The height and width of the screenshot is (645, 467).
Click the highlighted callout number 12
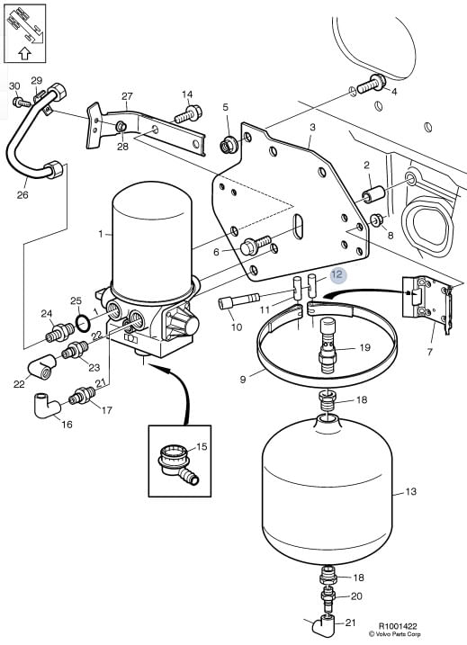click(337, 274)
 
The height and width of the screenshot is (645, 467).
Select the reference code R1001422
click(398, 626)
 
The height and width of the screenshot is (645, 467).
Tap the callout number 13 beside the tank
click(410, 491)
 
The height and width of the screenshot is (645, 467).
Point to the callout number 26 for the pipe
click(22, 194)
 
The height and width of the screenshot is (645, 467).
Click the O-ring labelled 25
click(83, 324)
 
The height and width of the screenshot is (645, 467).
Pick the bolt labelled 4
click(371, 85)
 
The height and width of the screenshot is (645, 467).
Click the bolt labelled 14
click(188, 114)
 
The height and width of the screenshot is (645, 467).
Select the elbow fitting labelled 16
click(47, 406)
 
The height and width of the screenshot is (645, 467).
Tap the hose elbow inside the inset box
click(178, 467)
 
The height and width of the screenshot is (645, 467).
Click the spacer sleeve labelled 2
click(373, 194)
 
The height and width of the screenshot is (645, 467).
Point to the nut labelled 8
click(376, 220)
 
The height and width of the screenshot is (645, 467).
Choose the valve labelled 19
click(328, 345)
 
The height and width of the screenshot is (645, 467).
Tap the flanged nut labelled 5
click(228, 145)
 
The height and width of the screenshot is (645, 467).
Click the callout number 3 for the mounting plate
click(313, 127)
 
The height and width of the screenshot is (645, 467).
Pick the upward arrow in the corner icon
click(25, 53)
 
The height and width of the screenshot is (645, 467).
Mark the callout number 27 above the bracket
click(127, 96)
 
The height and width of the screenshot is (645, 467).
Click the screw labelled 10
click(239, 300)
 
